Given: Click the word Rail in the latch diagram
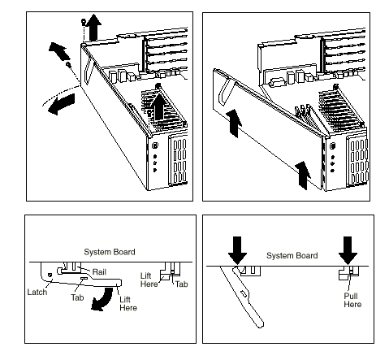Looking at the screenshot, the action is (x=99, y=272).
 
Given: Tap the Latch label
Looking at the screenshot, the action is (x=37, y=292).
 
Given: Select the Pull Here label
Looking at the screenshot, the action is (x=352, y=300).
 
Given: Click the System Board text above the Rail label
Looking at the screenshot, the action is (x=110, y=252).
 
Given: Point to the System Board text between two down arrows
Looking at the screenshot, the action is (x=292, y=255).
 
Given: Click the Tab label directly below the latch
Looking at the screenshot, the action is (x=77, y=297).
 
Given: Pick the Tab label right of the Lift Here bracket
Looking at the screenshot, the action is (x=181, y=284).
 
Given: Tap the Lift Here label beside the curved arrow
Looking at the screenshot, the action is (x=128, y=304).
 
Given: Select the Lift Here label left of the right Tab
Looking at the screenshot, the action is (x=149, y=280).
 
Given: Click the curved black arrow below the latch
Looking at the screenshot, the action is (x=104, y=299).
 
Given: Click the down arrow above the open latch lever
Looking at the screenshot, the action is (x=237, y=250).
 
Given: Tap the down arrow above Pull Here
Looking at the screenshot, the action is (x=348, y=250).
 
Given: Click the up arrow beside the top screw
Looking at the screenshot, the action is (x=93, y=28).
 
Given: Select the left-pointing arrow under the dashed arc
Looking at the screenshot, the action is (x=62, y=104).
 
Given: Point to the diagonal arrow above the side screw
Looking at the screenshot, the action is (x=60, y=51).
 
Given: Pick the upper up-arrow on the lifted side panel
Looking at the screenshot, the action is (x=234, y=124).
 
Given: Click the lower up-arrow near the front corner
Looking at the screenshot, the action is (x=303, y=176).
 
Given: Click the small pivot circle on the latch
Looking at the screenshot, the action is (x=50, y=275).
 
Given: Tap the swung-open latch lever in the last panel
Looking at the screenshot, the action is (x=242, y=295).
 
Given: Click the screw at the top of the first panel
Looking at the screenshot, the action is (x=84, y=21).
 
